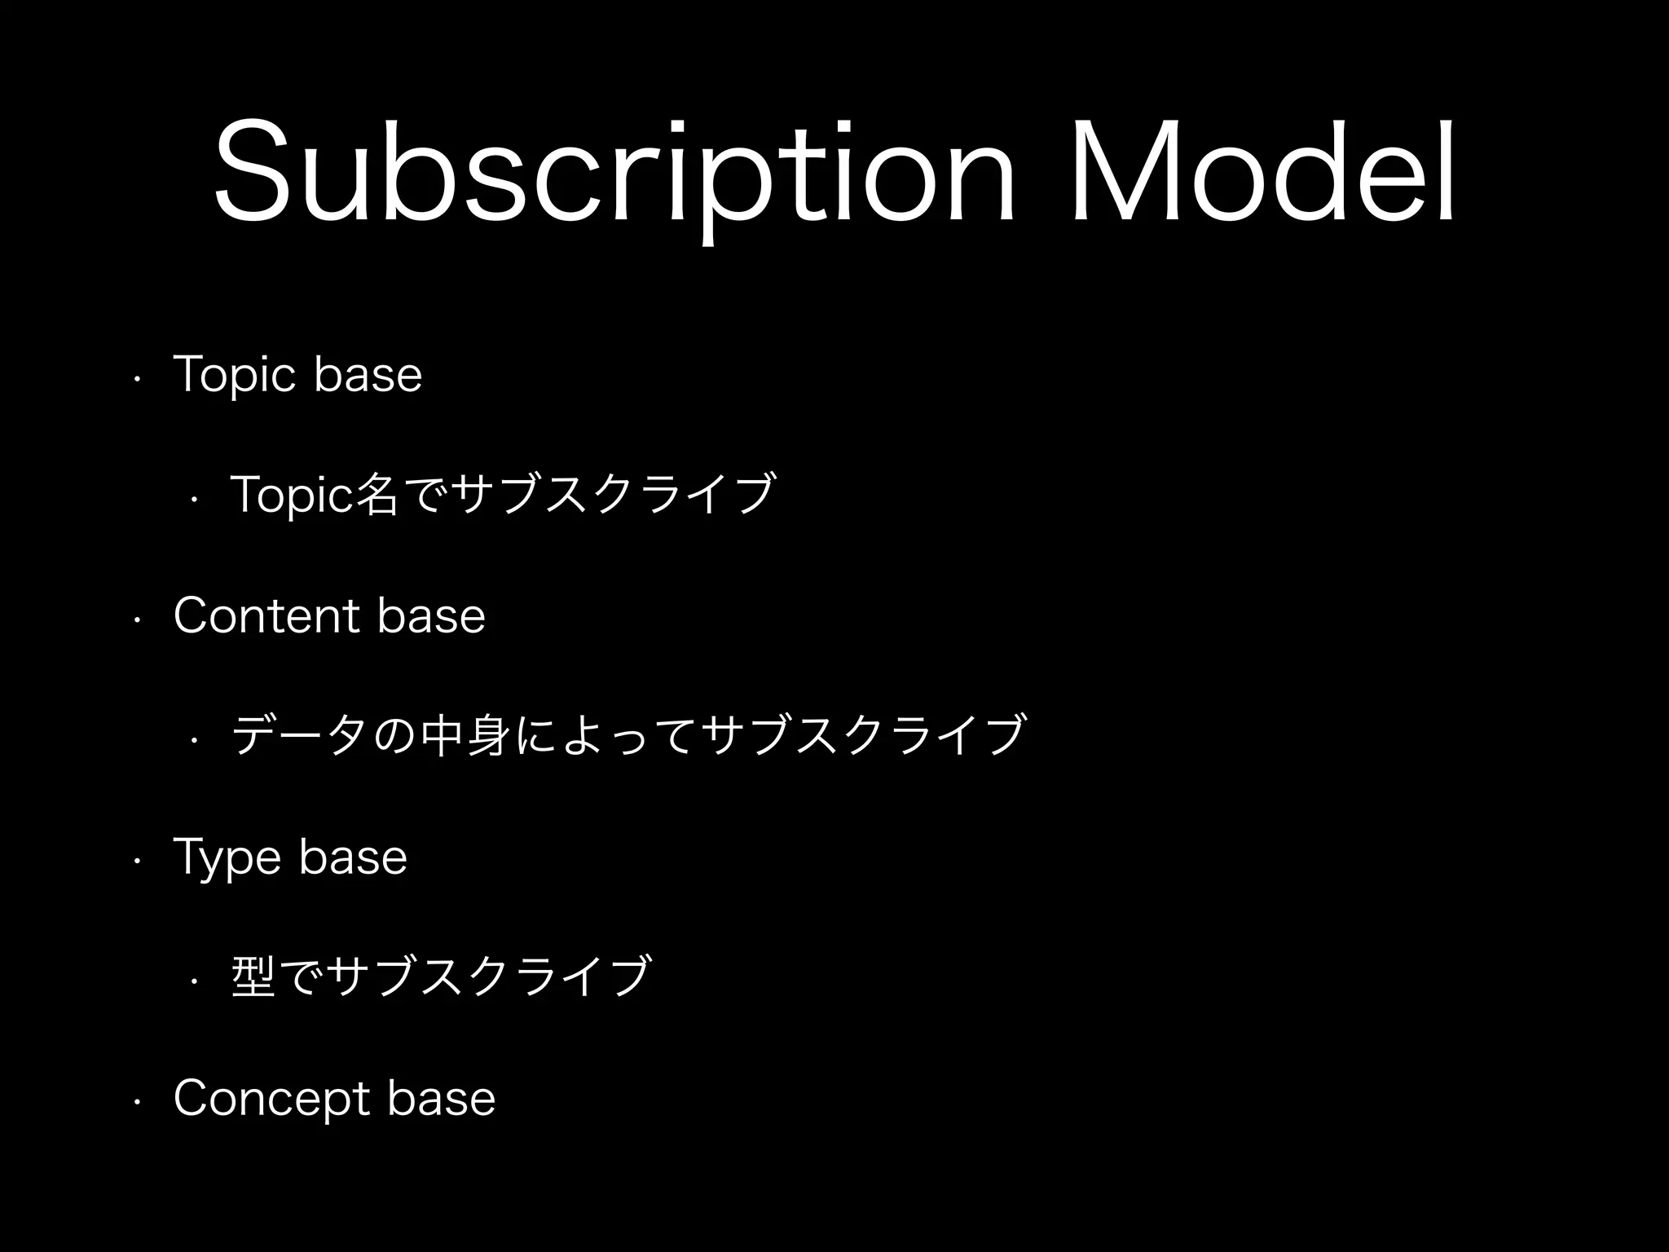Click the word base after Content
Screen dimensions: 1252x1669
tap(432, 616)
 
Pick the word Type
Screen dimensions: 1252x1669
tap(228, 858)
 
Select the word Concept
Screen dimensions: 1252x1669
tap(272, 1100)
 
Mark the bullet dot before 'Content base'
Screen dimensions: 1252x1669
tap(139, 620)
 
